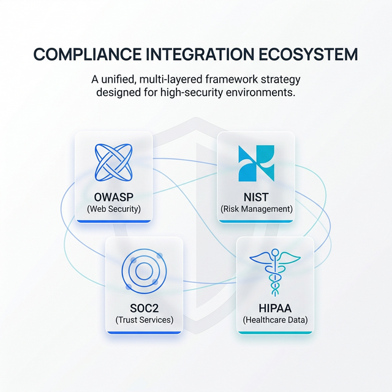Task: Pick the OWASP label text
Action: click(x=113, y=198)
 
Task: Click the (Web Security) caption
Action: click(x=113, y=209)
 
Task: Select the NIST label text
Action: click(x=256, y=198)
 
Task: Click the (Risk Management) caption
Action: click(x=256, y=209)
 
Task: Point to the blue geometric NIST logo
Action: click(x=256, y=164)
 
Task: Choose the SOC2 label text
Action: click(x=144, y=308)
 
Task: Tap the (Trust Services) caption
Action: click(x=144, y=320)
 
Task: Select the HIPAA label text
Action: click(x=275, y=308)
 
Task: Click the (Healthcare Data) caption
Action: click(x=275, y=320)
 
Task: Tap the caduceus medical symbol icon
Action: click(x=275, y=273)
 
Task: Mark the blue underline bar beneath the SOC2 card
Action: click(x=144, y=333)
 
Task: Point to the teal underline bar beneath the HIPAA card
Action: click(x=275, y=333)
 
